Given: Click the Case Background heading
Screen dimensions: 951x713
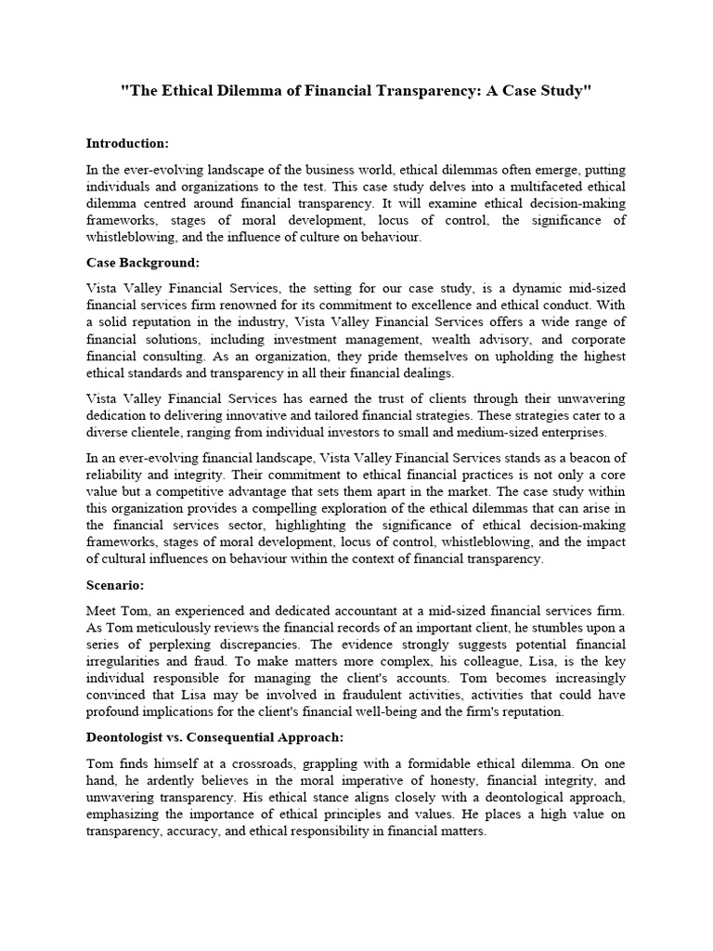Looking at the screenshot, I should click(143, 263).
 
